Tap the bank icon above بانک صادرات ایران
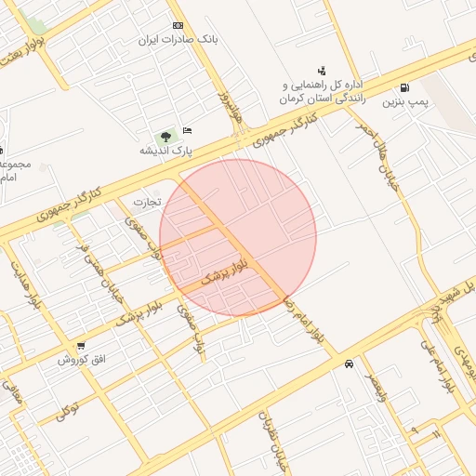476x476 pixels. click(178, 25)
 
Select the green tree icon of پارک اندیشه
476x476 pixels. click(166, 137)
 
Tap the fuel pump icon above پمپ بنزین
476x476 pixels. click(403, 88)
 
